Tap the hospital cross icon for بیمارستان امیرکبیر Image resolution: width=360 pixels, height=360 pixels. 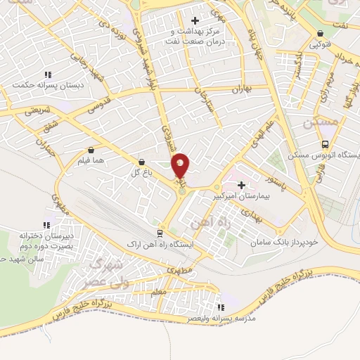coord(242,185)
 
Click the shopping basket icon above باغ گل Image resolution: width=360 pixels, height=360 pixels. coord(141,162)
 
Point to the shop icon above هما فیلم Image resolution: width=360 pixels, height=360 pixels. coord(91,150)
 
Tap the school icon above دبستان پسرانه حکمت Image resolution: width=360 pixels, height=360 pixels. coord(47,74)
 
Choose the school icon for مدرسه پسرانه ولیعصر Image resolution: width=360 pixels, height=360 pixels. coord(221,307)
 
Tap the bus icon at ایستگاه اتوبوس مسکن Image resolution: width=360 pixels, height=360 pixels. coord(291,156)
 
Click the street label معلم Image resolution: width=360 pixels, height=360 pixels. coord(159,290)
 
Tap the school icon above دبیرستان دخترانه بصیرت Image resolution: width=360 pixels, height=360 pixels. coord(46,225)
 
